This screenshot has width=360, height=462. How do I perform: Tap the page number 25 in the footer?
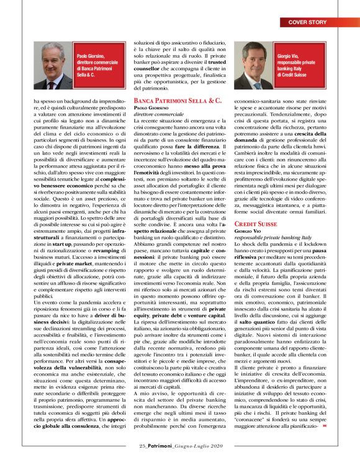click(x=142, y=445)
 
